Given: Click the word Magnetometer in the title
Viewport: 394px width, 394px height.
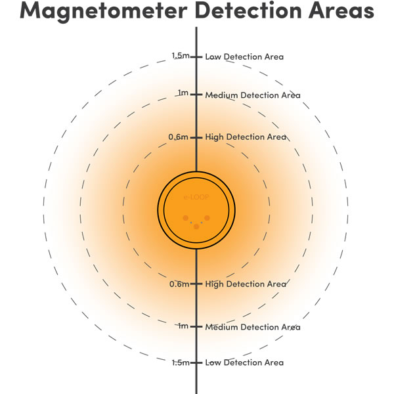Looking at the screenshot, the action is click(104, 11).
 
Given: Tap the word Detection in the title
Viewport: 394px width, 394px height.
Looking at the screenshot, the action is click(248, 10).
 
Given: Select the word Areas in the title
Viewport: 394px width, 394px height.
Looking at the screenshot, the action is click(341, 10).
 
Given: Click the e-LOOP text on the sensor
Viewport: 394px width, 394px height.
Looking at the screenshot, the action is click(196, 197).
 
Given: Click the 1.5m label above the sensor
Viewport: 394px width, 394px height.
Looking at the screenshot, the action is click(181, 56).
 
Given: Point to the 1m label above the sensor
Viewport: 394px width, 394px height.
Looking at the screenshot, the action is click(183, 93).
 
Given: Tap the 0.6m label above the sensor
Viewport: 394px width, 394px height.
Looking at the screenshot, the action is click(178, 137).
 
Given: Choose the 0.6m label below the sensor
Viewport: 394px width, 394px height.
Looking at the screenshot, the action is click(179, 284).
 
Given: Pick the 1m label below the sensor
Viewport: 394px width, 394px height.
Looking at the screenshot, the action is click(183, 326).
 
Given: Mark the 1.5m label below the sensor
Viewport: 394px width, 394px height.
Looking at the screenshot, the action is click(181, 362).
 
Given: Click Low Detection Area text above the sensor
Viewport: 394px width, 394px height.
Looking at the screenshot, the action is click(244, 56).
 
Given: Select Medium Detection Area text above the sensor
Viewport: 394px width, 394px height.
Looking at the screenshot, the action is click(253, 95).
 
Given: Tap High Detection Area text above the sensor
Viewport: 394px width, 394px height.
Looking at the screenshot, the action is click(246, 137).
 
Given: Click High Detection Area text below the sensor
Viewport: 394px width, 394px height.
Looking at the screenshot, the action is click(246, 284).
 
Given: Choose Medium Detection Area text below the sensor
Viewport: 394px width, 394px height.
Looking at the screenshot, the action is click(253, 327).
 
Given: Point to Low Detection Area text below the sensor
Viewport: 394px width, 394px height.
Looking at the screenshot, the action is click(244, 362).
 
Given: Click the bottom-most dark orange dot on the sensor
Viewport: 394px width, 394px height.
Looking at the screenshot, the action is click(196, 227).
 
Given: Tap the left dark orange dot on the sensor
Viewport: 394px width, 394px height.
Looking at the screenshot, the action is click(185, 218).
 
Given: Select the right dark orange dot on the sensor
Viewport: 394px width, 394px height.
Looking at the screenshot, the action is click(207, 218).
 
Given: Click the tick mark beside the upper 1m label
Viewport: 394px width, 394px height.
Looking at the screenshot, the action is click(196, 95).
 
